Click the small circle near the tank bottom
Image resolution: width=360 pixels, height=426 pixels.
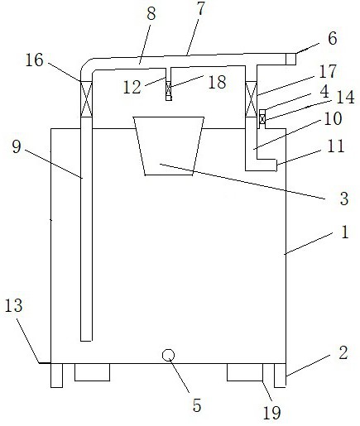tap(168, 355)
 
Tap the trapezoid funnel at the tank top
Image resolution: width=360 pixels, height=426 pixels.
tap(169, 146)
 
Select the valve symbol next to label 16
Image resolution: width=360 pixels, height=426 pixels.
tap(86, 99)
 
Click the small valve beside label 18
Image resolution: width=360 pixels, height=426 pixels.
tap(169, 89)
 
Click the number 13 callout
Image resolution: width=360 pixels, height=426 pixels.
tap(14, 305)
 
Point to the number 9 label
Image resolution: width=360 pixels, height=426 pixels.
tap(17, 147)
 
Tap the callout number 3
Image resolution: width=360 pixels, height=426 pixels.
tap(343, 199)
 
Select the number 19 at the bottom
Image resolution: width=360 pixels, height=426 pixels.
tap(271, 413)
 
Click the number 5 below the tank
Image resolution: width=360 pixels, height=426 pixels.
tap(197, 405)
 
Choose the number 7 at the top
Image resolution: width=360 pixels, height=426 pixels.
tap(201, 8)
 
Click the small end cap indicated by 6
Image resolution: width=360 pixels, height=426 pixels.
tap(290, 59)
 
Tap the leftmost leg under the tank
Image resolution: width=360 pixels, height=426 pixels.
tap(56, 376)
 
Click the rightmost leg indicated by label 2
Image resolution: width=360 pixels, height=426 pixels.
tap(280, 376)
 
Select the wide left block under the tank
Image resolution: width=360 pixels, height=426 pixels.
tap(92, 372)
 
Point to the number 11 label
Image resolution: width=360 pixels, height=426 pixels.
tap(336, 146)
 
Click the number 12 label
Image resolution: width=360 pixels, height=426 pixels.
tap(132, 87)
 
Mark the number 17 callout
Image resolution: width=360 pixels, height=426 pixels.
tap(328, 71)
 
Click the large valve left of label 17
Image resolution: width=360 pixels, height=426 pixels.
tap(251, 99)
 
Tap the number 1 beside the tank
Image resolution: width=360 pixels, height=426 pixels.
tap(344, 232)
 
